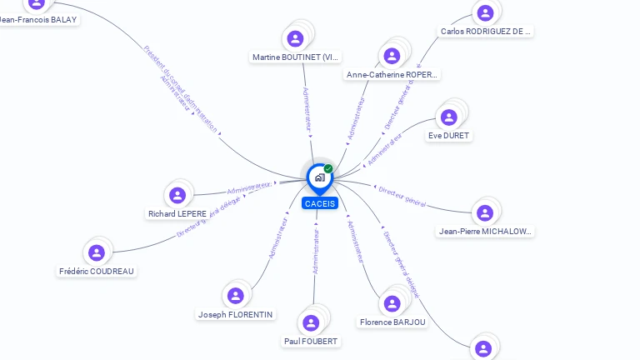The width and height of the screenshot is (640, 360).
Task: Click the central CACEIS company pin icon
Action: (319, 177)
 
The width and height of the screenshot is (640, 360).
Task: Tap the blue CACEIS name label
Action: (320, 203)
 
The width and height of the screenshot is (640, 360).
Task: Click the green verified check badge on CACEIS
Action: (328, 169)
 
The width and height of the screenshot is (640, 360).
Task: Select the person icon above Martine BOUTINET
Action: (295, 38)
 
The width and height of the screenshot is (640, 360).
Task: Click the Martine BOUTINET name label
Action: (296, 57)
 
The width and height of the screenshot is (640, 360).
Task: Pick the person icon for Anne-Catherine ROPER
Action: (392, 56)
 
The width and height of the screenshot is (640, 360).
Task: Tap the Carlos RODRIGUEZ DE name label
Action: (486, 32)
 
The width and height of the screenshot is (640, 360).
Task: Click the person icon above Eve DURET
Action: (449, 117)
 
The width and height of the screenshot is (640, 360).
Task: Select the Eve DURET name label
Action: (449, 135)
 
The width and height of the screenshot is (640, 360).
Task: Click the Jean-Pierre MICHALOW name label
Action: (485, 232)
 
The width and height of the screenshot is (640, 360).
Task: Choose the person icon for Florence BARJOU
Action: (392, 303)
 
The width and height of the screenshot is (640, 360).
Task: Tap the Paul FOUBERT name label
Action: (312, 341)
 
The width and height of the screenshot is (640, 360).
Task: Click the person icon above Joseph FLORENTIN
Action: (236, 295)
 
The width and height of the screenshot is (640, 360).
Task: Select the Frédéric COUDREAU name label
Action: (97, 271)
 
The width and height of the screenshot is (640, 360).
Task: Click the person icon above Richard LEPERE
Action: (177, 196)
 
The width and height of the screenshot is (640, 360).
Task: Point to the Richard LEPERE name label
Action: (177, 214)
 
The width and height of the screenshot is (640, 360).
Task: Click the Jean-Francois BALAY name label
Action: (38, 19)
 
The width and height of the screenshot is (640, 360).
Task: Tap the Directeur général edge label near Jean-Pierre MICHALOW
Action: (402, 196)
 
